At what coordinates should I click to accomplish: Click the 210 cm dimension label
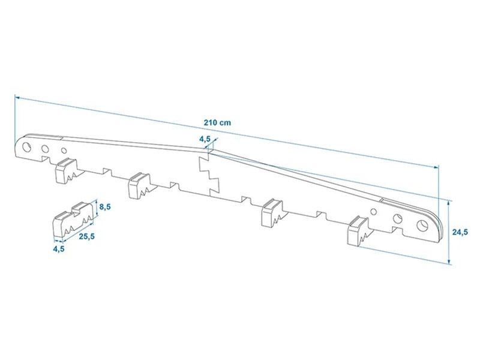pyautogui.click(x=218, y=123)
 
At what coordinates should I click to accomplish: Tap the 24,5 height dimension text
pyautogui.click(x=460, y=232)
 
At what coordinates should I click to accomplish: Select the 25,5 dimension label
pyautogui.click(x=87, y=236)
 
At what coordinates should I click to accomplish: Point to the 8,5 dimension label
pyautogui.click(x=104, y=207)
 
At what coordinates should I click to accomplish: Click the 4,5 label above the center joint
pyautogui.click(x=205, y=139)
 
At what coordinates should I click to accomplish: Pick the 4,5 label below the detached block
pyautogui.click(x=58, y=249)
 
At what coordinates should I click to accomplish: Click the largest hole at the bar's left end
pyautogui.click(x=26, y=147)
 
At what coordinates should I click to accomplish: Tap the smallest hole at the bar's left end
pyautogui.click(x=64, y=151)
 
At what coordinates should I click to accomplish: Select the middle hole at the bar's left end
pyautogui.click(x=45, y=149)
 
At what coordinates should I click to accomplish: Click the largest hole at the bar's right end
pyautogui.click(x=422, y=226)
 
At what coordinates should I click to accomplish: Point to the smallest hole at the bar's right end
pyautogui.click(x=373, y=212)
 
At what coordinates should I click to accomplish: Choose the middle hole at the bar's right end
pyautogui.click(x=398, y=218)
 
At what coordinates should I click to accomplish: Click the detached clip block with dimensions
pyautogui.click(x=73, y=220)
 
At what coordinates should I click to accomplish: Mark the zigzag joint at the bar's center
pyautogui.click(x=209, y=174)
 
